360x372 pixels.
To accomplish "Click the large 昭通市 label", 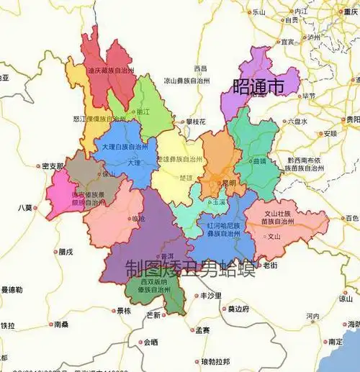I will point(258,87).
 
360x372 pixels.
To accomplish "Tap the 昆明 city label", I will point(228,183).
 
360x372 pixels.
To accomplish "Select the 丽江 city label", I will point(143,113).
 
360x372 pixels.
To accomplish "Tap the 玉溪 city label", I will point(217,204).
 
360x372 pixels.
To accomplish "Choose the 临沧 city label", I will point(138,218).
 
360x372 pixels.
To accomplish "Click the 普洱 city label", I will point(166,256).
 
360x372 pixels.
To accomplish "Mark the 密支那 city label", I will point(53,166).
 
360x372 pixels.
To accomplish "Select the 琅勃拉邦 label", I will point(215,361).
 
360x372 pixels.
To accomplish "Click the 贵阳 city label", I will point(352,119).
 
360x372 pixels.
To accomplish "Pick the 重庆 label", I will point(351,12).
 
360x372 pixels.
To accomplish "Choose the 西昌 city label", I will point(199,68).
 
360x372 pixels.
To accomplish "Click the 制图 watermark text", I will point(145,268).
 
